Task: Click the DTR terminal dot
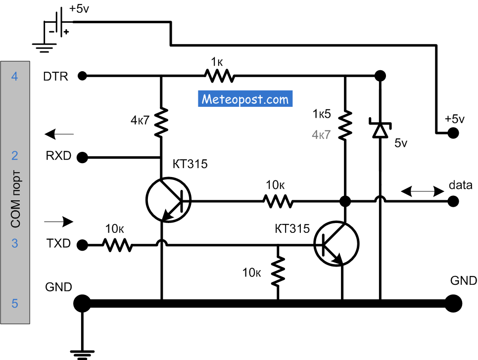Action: click(83, 76)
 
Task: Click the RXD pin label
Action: click(59, 156)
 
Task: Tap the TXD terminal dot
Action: click(83, 244)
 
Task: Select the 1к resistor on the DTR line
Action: click(218, 76)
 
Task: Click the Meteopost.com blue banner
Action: click(245, 99)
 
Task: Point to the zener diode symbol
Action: click(380, 129)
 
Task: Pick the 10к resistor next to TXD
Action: click(118, 244)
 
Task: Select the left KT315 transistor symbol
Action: click(168, 201)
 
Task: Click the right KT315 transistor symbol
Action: click(336, 243)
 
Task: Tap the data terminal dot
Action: click(452, 201)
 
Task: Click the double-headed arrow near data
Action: click(422, 190)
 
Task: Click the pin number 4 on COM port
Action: click(15, 77)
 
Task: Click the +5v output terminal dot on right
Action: click(452, 133)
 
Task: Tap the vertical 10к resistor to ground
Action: click(278, 270)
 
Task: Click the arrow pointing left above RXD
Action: click(59, 134)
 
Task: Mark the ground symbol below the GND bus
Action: click(82, 352)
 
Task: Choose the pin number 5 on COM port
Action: click(15, 304)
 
